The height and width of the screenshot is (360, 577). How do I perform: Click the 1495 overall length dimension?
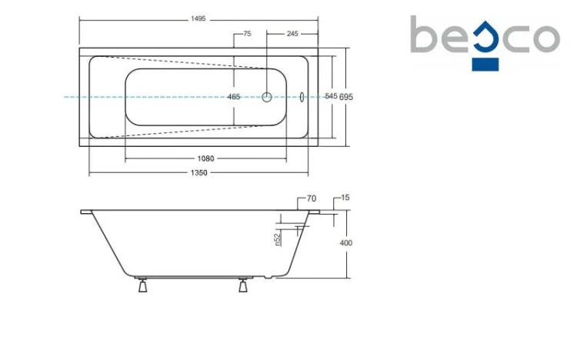coord(198,18)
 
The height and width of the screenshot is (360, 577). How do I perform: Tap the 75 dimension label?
coord(247,34)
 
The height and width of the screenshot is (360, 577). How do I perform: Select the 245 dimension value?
coord(292,34)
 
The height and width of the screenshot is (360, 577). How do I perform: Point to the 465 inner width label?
coord(234,97)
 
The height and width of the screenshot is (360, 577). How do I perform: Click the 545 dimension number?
coord(331,96)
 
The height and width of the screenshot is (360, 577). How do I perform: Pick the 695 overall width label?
coord(346,97)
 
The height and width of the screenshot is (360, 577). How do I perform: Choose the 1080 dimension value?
coord(205,158)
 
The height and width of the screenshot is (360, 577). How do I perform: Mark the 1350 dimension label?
coord(198,172)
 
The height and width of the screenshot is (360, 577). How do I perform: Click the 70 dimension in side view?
coord(312,198)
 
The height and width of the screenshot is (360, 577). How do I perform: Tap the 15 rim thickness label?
coord(345,198)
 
